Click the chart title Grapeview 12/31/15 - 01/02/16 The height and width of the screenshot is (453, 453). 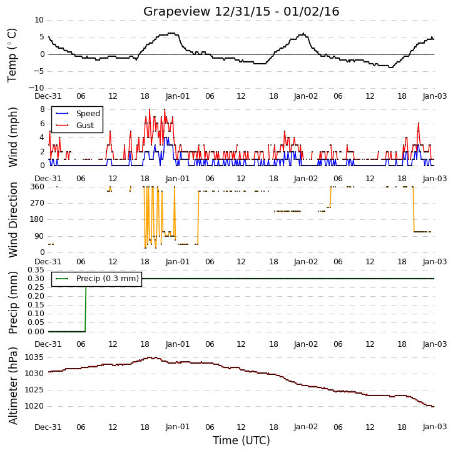point(241,12)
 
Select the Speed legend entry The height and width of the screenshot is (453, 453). point(78,114)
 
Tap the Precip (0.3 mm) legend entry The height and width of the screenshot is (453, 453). point(97,279)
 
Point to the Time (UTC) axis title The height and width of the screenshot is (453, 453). point(242,441)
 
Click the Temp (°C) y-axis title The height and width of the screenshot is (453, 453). point(12,55)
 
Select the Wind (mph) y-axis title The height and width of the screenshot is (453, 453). point(13,137)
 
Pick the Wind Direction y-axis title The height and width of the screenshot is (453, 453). point(13,220)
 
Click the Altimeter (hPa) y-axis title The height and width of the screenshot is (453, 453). point(13,386)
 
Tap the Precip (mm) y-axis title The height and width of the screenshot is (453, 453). point(13,302)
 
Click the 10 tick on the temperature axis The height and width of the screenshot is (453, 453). point(39,20)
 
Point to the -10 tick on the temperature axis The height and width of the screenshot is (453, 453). point(36,88)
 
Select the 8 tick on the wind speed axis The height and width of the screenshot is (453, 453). point(43,109)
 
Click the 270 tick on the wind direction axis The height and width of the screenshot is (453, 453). point(38,203)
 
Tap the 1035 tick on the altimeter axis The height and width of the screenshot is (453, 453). point(34,357)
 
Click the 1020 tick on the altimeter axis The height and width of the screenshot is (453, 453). point(34,407)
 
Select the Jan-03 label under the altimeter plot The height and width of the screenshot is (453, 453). point(435,427)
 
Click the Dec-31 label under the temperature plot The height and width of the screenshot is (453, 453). point(48,96)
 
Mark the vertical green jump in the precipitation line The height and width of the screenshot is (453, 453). point(86,309)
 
